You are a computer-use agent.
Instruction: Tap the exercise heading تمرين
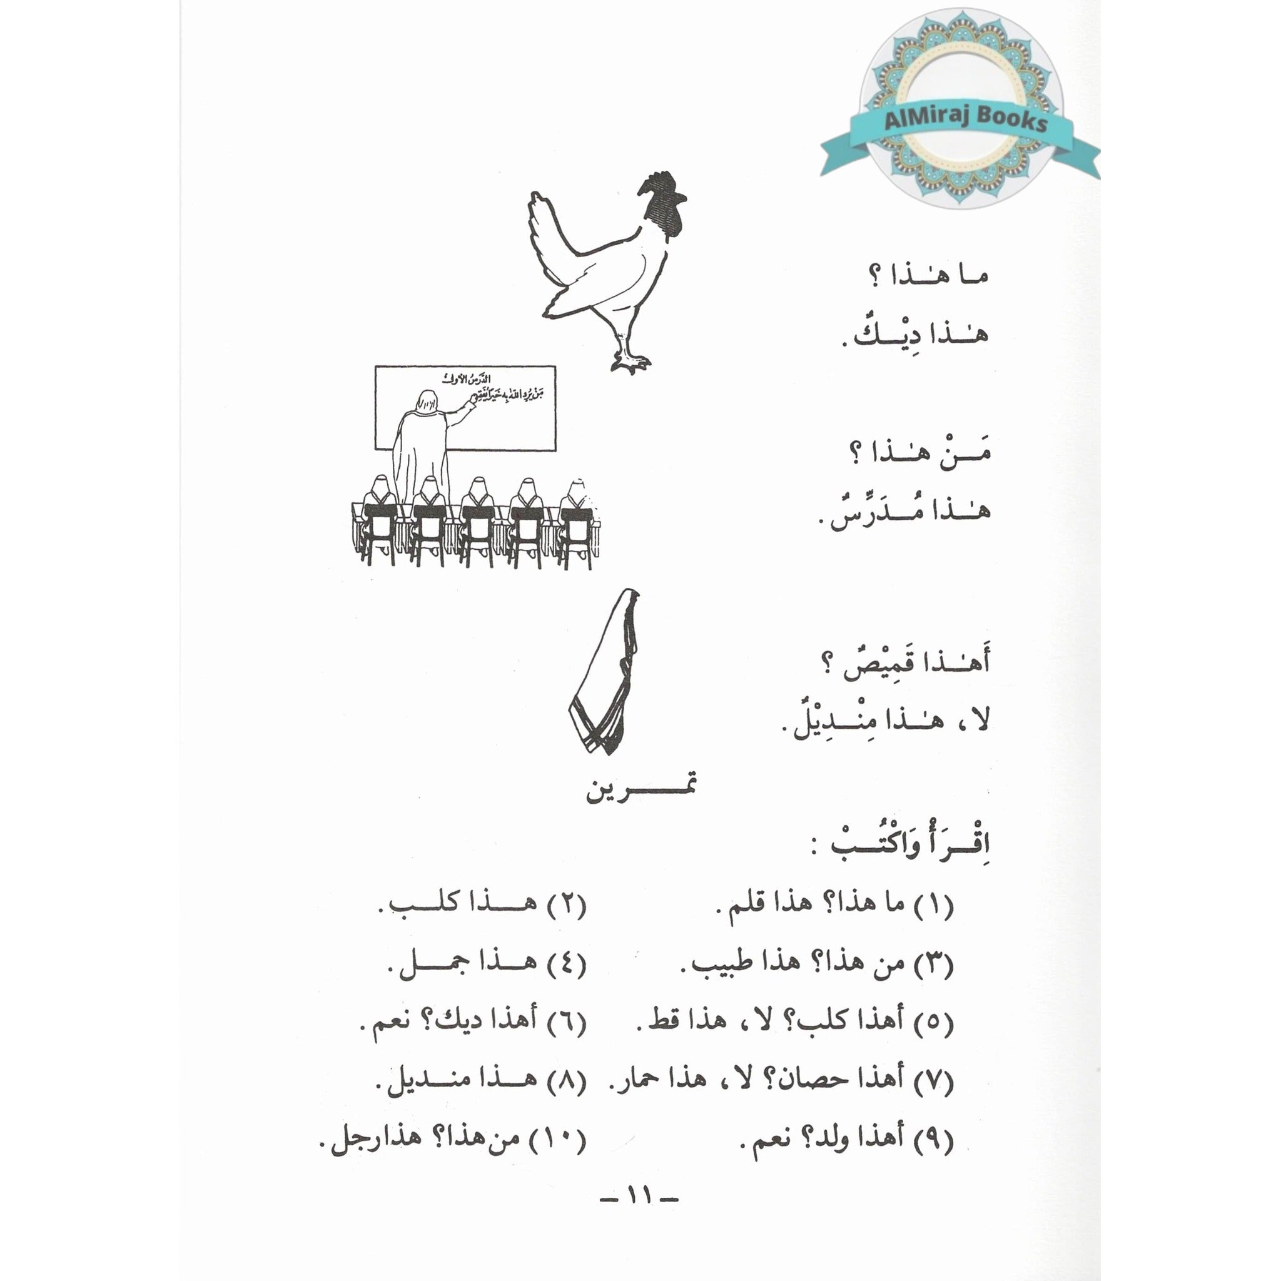tap(640, 791)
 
